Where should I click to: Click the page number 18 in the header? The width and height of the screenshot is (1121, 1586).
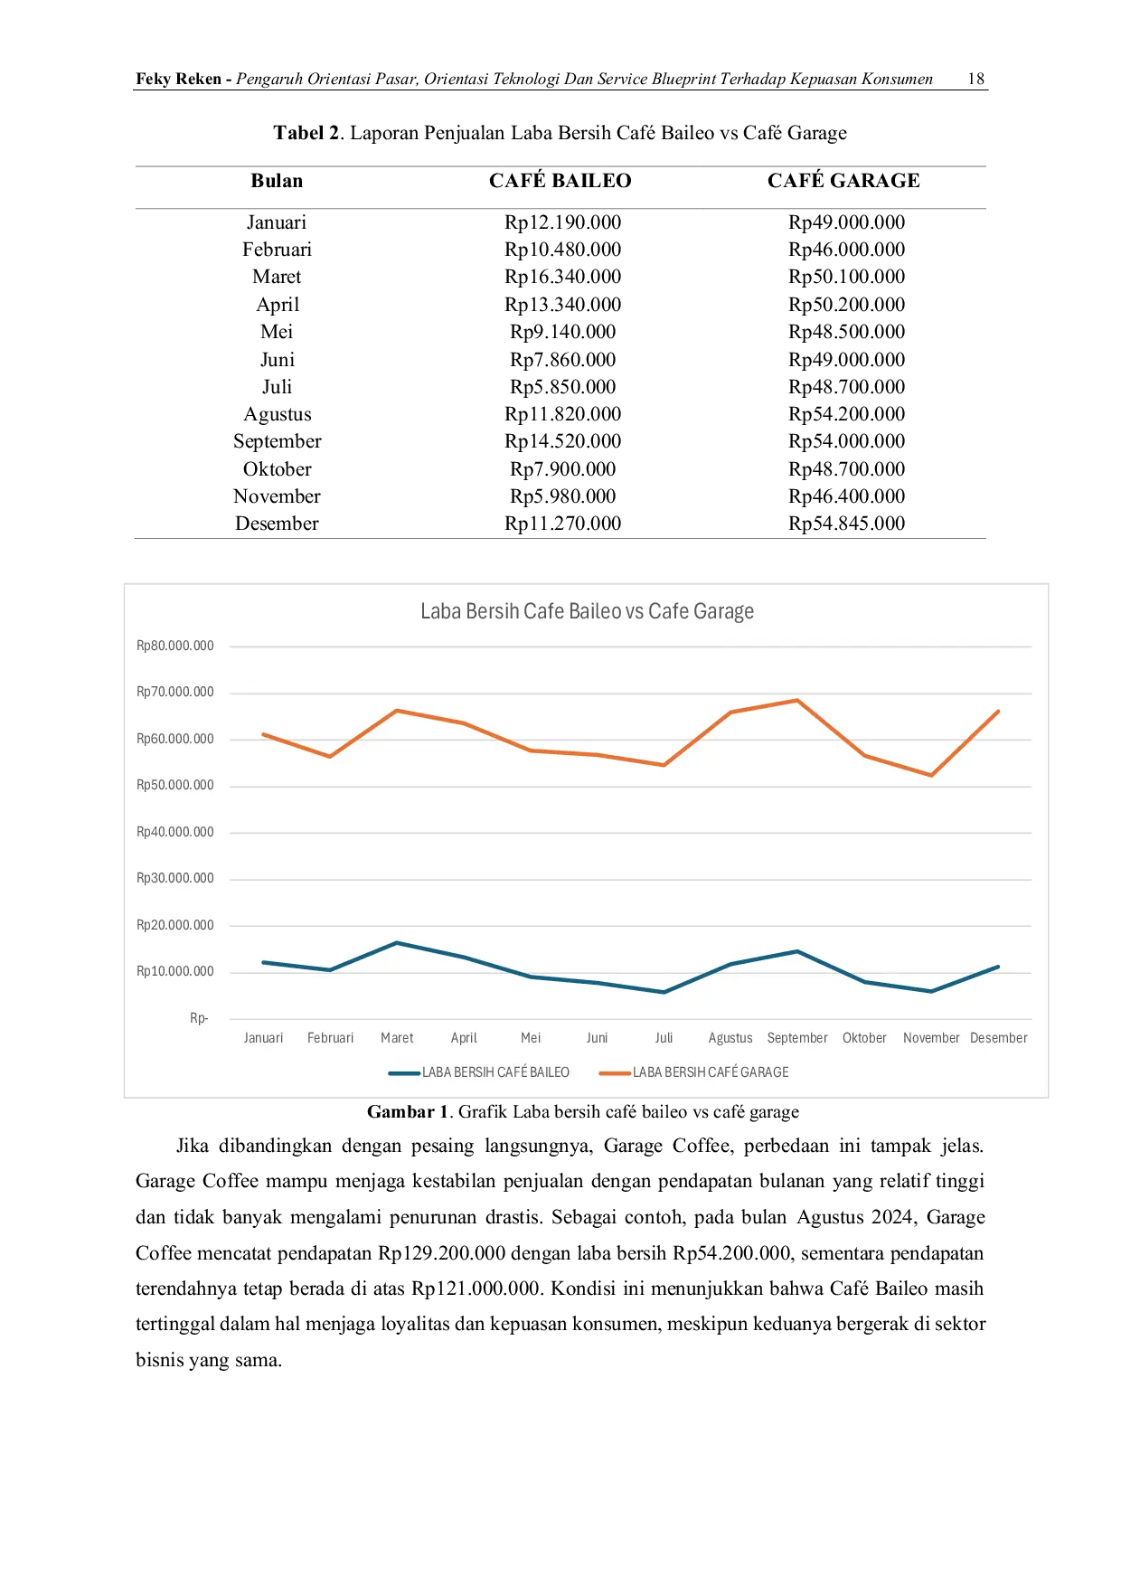(x=975, y=79)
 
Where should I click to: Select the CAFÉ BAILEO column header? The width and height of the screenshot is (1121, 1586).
(x=560, y=181)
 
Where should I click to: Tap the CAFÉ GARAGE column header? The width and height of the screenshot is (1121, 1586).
(x=843, y=181)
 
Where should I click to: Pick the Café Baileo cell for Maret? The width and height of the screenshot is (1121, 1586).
(x=562, y=277)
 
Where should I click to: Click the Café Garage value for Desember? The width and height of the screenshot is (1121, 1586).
(x=846, y=524)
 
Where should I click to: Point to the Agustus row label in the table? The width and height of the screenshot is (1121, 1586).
(x=278, y=415)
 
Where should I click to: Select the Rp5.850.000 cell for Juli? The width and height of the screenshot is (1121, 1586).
(x=562, y=387)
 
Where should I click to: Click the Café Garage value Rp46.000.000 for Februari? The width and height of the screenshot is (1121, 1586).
(x=846, y=250)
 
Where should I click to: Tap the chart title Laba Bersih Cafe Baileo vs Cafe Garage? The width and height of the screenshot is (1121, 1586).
(x=587, y=611)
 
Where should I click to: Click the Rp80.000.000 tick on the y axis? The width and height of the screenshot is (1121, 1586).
(x=175, y=646)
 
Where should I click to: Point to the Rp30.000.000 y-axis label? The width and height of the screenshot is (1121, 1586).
(x=175, y=878)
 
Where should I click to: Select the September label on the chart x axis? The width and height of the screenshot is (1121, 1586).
(x=797, y=1038)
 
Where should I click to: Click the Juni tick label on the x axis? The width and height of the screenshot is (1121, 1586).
(x=597, y=1038)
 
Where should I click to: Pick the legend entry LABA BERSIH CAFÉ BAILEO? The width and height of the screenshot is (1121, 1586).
(x=479, y=1072)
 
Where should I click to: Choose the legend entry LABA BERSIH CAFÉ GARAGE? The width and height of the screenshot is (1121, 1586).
(x=694, y=1072)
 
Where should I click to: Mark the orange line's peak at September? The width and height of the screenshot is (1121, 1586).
(x=797, y=700)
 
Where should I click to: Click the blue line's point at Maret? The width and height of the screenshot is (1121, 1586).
(x=397, y=943)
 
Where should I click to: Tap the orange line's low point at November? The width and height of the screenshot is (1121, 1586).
(x=931, y=775)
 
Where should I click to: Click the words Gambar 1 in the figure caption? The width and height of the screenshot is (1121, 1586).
(x=408, y=1112)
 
